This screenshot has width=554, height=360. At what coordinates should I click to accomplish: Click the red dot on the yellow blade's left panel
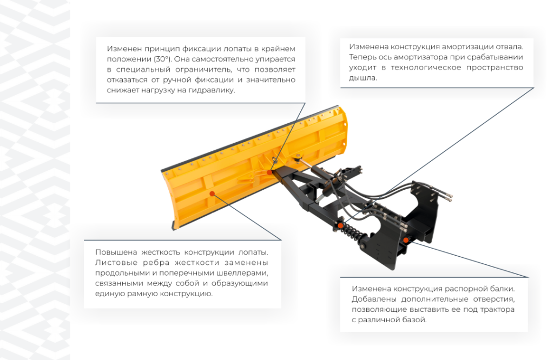click(x=212, y=194)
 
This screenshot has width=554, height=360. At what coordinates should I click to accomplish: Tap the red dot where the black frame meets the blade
click(x=269, y=172)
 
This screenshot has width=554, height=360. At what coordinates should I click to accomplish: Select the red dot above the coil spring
click(x=340, y=225)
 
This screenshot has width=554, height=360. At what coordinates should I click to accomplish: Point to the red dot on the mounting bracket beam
click(x=406, y=240)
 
